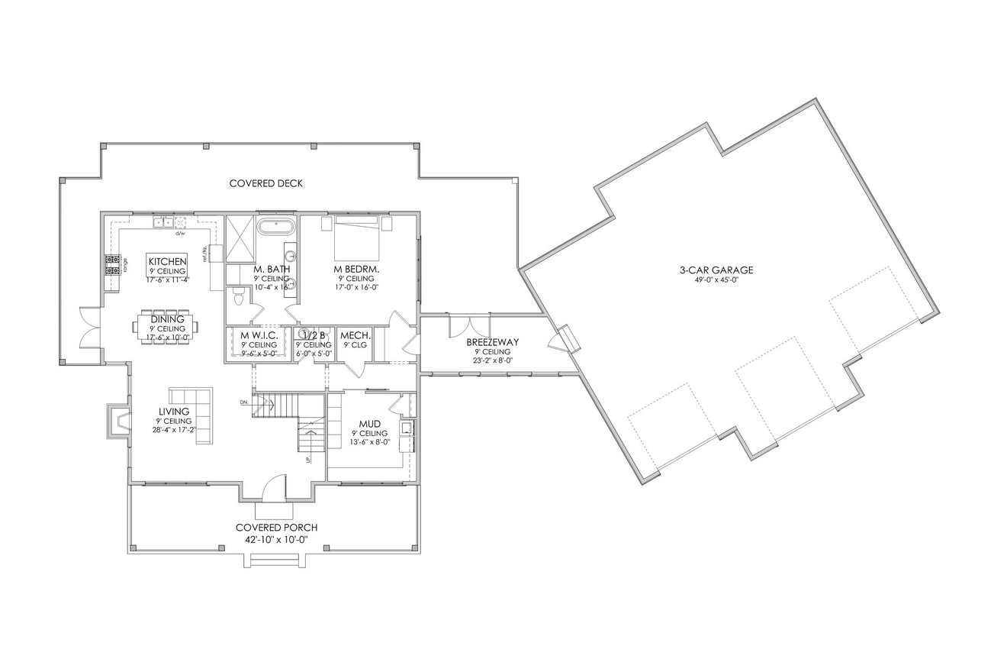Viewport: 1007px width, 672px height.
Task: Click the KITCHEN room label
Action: click(x=167, y=262)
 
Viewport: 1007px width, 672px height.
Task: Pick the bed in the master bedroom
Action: click(x=356, y=237)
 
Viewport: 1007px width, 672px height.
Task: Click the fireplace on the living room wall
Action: click(x=117, y=421)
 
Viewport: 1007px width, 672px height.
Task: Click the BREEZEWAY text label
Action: click(x=492, y=342)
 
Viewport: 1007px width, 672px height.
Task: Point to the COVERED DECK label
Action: click(x=265, y=183)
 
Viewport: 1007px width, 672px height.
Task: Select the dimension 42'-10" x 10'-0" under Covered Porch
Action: click(x=276, y=539)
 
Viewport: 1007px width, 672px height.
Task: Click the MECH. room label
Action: click(x=355, y=335)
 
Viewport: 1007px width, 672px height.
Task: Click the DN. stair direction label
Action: click(x=244, y=402)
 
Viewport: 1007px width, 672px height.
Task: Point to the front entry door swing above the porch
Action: click(x=273, y=489)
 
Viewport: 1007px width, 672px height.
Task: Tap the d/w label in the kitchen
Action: click(x=181, y=233)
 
